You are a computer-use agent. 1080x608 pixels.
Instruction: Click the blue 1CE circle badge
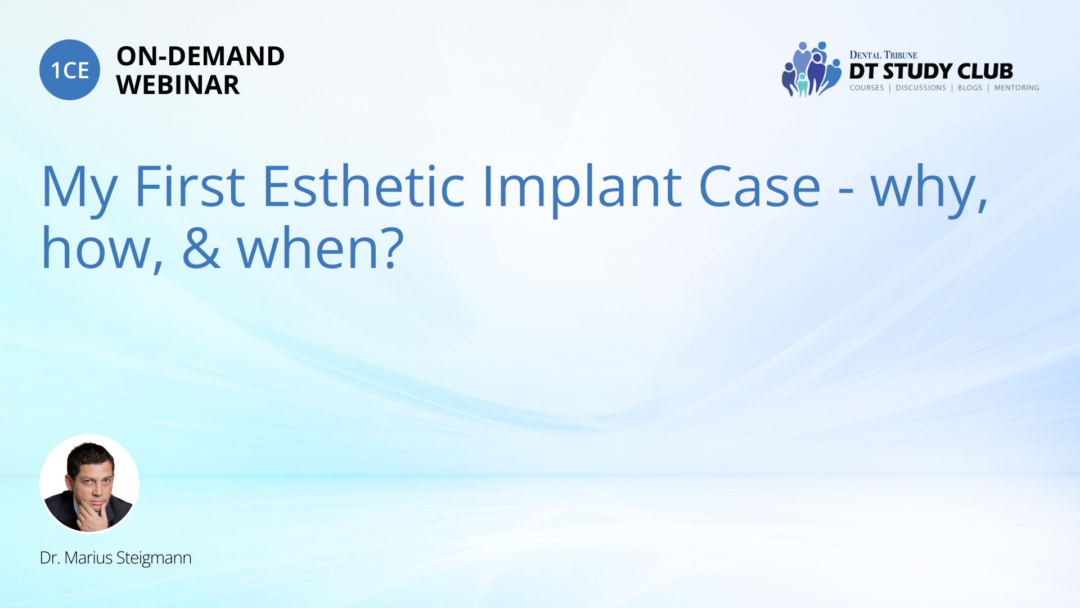pos(70,70)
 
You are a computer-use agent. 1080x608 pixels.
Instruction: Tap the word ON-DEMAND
pos(200,56)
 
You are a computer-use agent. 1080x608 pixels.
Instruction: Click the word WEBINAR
pos(178,85)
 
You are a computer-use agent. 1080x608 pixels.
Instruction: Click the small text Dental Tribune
pos(883,55)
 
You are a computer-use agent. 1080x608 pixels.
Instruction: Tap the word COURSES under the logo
pos(867,88)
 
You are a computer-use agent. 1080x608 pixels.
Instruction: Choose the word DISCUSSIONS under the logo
pos(921,88)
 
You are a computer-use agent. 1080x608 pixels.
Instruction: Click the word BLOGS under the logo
pos(970,88)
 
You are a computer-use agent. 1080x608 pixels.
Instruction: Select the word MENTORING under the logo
pos(1016,88)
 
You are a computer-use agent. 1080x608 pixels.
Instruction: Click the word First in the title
pos(190,186)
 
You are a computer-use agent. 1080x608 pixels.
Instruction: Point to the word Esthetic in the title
pos(363,185)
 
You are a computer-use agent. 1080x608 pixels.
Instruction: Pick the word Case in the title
pos(759,186)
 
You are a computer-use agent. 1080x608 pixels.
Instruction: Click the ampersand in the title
pos(201,247)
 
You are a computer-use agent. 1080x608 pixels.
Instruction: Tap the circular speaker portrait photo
pos(89,484)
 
